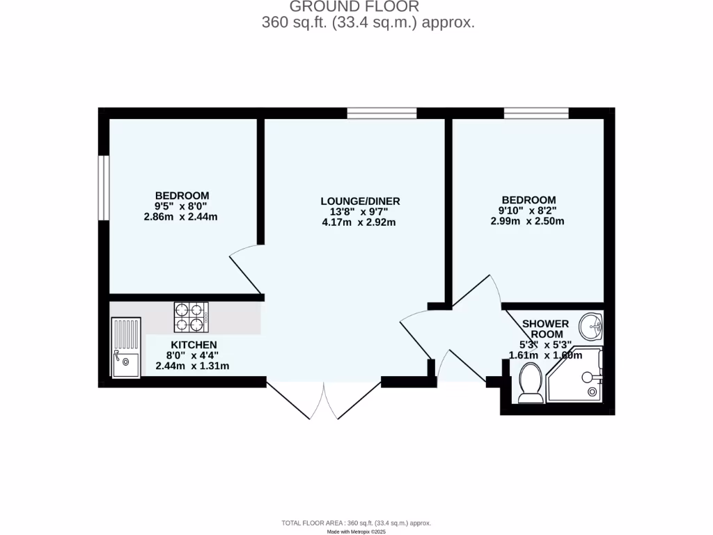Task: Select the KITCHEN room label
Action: click(194, 345)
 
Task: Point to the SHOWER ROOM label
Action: click(545, 329)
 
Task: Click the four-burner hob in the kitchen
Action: click(191, 317)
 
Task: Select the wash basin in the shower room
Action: click(592, 324)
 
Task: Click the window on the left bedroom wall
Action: click(103, 187)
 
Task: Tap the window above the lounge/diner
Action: click(382, 113)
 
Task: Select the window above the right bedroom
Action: click(536, 113)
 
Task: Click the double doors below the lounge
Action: click(324, 401)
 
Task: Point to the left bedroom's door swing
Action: click(245, 268)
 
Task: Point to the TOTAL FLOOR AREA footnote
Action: click(356, 523)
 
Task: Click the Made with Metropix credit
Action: click(356, 532)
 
